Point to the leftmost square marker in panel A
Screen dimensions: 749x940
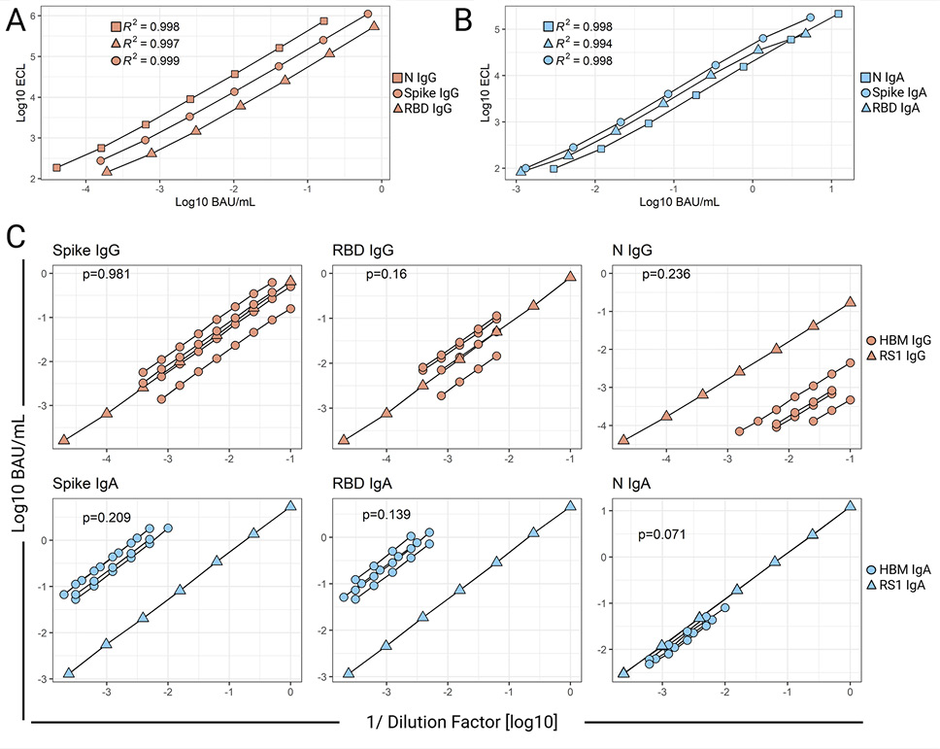coord(56,168)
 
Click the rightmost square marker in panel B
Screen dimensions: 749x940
coord(838,14)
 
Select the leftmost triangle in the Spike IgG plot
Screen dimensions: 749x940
coord(64,440)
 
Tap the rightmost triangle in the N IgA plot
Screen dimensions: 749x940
coord(851,505)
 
